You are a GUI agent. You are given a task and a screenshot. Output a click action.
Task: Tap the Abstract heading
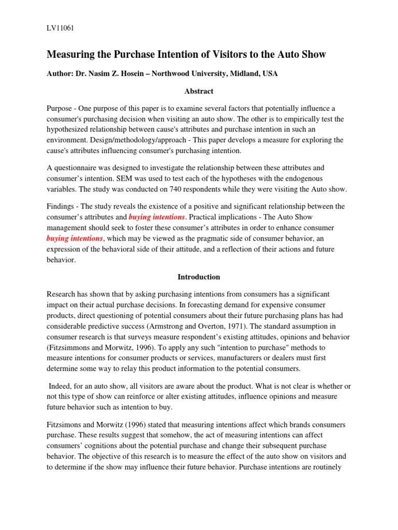tap(199, 91)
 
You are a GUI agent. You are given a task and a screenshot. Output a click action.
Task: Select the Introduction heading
tap(199, 277)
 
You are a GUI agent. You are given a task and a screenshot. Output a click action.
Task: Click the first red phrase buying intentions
tap(157, 217)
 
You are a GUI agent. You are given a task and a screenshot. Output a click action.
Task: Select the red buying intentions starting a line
tap(75, 239)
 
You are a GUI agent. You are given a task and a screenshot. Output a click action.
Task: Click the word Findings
tap(62, 207)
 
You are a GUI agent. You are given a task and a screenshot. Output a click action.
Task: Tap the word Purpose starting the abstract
tap(61, 108)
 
